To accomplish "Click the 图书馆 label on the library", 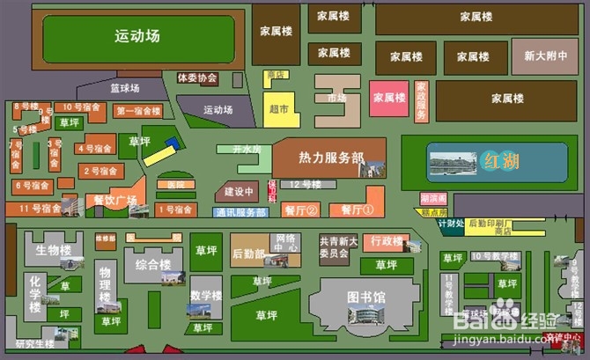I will point(366,298).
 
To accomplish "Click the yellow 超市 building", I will point(279,109).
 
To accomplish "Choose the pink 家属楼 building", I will point(388,99).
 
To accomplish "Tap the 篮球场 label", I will point(125,87).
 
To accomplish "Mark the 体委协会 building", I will point(196,78).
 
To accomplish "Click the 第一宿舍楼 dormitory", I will point(138,111).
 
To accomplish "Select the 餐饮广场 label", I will point(114,202).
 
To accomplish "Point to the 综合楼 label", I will point(153,263).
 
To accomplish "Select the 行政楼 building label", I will point(387,240).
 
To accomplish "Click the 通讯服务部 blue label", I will point(240,213).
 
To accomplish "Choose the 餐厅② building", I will point(299,210).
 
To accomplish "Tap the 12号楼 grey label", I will point(306,185).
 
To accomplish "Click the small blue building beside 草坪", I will point(173,143).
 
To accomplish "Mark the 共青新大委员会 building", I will point(339,246).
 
